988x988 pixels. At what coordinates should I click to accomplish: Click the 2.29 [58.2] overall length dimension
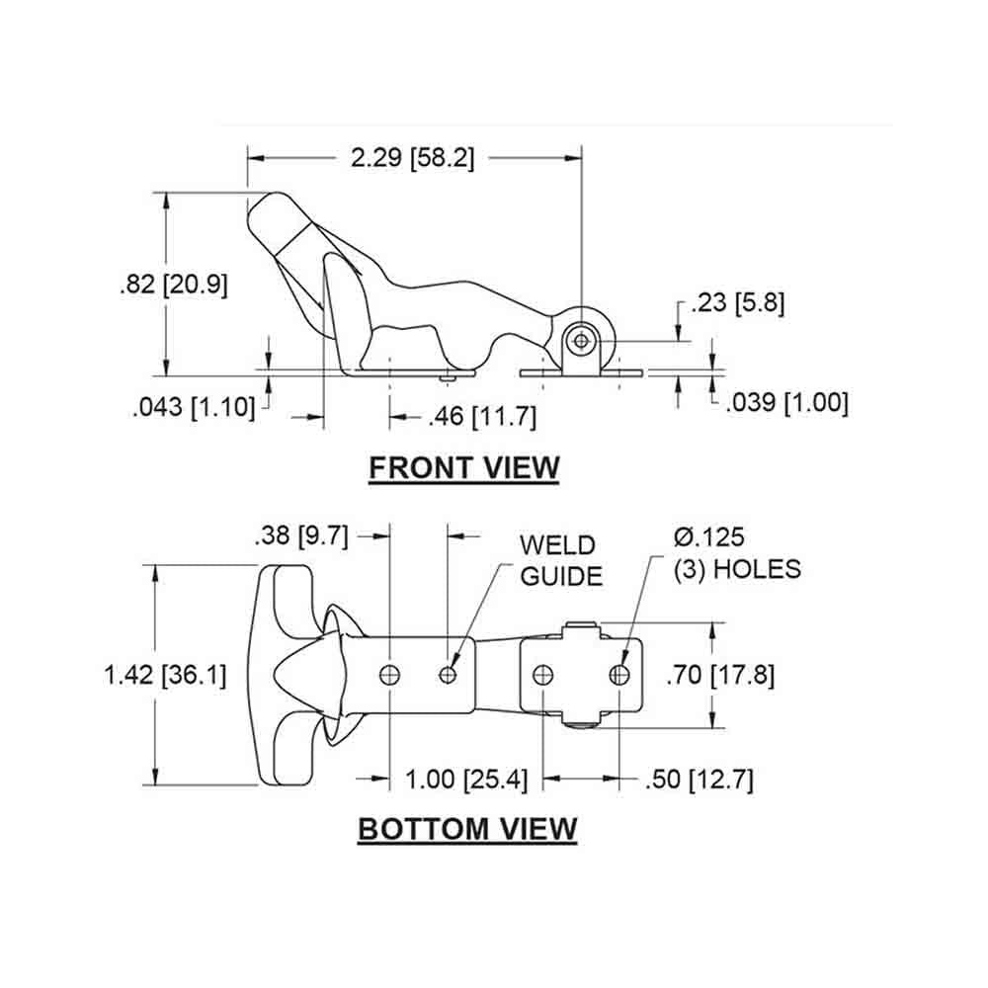click(x=413, y=157)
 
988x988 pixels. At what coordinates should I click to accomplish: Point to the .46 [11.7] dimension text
click(x=483, y=418)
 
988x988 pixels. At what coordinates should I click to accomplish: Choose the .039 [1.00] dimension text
click(x=786, y=403)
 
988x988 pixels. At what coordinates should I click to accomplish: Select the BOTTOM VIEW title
click(x=466, y=828)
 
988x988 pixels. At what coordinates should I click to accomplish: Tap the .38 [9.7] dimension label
click(x=301, y=535)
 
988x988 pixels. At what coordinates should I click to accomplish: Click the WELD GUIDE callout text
click(x=560, y=560)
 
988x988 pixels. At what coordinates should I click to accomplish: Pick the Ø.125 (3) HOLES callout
click(x=735, y=553)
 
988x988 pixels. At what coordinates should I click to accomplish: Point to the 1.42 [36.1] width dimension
click(x=165, y=675)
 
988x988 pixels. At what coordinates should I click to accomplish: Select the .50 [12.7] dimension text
click(x=698, y=780)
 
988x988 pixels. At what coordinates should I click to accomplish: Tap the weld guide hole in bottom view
click(x=450, y=675)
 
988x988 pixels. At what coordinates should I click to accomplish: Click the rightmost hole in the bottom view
click(x=619, y=675)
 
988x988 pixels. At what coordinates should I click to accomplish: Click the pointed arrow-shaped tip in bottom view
click(x=296, y=675)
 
